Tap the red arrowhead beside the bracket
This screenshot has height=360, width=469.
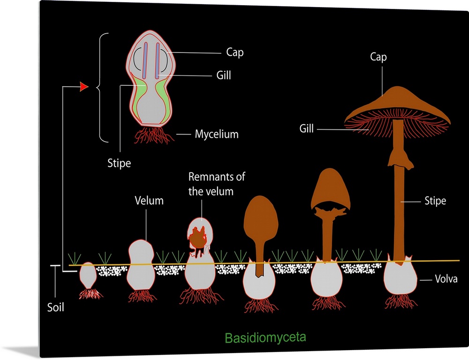[x=84, y=87]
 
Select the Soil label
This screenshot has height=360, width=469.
[x=55, y=307]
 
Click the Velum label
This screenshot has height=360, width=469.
[x=149, y=201]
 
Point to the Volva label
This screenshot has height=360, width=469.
[x=446, y=280]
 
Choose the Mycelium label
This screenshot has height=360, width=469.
[x=217, y=135]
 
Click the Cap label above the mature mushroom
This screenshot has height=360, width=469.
[x=378, y=57]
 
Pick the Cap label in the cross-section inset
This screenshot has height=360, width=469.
[x=234, y=52]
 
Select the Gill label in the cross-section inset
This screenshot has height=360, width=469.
[x=224, y=75]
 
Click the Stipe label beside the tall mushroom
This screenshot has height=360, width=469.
[x=435, y=202]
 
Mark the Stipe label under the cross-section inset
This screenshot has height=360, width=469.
[x=119, y=164]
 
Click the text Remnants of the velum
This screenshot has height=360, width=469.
[x=217, y=184]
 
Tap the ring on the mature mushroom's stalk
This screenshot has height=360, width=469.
[x=400, y=159]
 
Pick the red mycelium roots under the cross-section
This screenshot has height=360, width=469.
[x=152, y=135]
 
